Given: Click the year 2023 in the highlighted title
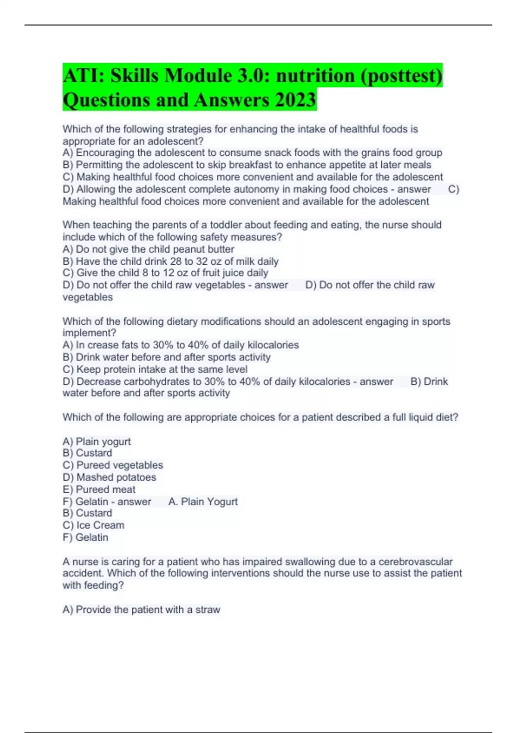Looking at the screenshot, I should coord(295,100).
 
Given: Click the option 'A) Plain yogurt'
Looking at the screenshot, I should coord(97,442).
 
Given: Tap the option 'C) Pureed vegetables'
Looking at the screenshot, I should coord(113,465).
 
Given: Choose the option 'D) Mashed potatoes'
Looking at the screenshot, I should coord(109,477).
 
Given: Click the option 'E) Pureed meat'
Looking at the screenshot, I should coord(99,489).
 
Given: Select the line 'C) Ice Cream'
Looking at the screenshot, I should coord(93,525).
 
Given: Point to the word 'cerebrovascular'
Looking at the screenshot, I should coord(415,562).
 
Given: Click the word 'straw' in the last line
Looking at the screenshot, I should coord(208,610).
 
